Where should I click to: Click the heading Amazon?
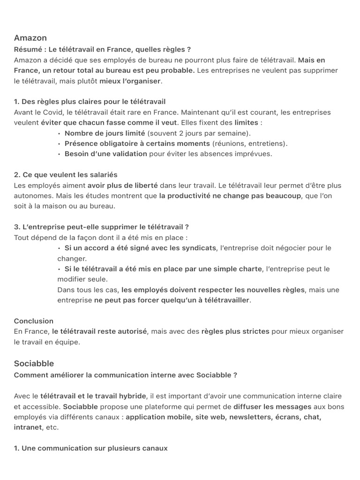(30, 38)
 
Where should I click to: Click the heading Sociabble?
(34, 363)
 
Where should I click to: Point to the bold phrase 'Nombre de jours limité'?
(105, 133)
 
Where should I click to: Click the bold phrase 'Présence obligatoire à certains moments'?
(137, 143)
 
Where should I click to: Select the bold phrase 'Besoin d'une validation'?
(105, 154)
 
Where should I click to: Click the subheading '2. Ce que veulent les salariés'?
(66, 175)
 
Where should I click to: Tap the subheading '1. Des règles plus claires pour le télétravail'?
(90, 102)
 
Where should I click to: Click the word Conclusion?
(34, 321)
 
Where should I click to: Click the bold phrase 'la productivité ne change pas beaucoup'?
(230, 196)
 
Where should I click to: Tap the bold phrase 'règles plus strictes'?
(235, 331)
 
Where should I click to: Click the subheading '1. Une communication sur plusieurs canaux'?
(90, 448)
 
